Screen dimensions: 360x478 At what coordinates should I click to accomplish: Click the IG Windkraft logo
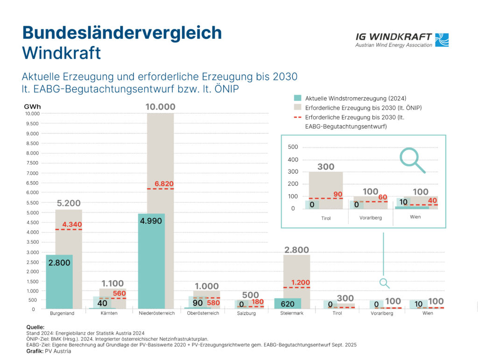[x=402, y=39]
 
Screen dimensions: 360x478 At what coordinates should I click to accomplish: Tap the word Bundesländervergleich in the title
[x=122, y=33]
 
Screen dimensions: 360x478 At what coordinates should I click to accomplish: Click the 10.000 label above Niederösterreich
[x=160, y=107]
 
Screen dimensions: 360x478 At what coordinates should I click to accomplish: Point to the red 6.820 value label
[x=164, y=184]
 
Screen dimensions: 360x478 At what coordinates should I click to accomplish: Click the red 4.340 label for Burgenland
[x=72, y=225]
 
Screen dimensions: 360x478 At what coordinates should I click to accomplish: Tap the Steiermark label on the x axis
[x=291, y=313]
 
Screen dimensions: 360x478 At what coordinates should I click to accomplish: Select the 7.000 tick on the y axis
[x=32, y=173]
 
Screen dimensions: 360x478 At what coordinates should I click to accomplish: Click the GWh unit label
[x=32, y=106]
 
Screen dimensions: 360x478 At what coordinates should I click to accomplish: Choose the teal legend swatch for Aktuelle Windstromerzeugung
[x=297, y=99]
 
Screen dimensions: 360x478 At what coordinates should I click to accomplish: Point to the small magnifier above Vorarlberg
[x=384, y=283]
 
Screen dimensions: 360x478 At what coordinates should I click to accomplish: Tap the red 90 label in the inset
[x=337, y=194]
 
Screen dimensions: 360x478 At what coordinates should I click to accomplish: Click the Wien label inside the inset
[x=415, y=217]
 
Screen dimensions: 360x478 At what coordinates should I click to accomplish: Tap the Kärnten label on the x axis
[x=108, y=313]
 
